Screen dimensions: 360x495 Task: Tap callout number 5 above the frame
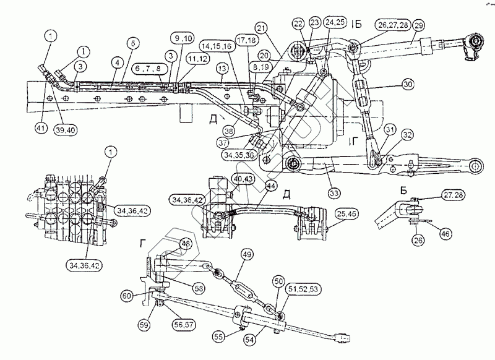132,43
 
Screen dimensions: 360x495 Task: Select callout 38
230,131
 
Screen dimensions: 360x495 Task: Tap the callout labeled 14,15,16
214,47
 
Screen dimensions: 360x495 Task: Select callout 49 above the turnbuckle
246,254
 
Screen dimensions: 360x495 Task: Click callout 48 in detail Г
184,244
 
